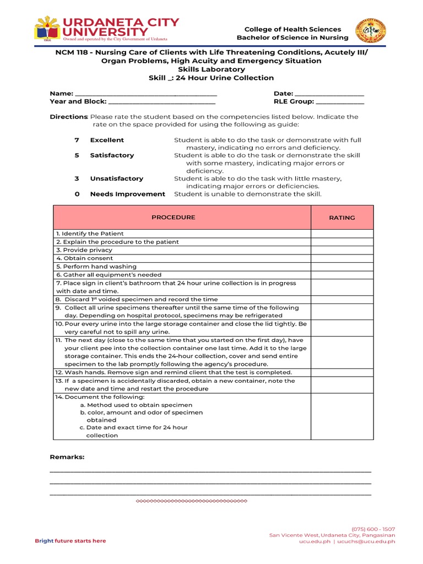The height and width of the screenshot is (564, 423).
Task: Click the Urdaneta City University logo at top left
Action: coord(106,29)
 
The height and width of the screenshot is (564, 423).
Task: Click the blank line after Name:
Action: coord(145,94)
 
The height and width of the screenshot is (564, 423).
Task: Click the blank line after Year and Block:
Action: coord(162,101)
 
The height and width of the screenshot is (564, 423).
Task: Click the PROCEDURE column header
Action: coord(173,218)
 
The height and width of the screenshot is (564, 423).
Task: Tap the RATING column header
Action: coord(342,218)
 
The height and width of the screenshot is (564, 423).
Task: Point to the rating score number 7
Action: coord(77,140)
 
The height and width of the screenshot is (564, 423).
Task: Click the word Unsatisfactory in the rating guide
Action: coord(116,178)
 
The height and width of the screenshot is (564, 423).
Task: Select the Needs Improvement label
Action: coord(127,194)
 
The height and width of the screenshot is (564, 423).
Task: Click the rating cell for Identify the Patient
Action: coord(342,234)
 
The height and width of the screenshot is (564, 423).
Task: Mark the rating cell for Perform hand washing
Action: coord(342,267)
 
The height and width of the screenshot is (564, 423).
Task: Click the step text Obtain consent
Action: coord(88,258)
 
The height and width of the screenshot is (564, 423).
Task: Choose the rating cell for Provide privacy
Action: coord(342,250)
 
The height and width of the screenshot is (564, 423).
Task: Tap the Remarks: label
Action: coord(67,457)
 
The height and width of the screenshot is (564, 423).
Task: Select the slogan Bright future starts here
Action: coord(70,541)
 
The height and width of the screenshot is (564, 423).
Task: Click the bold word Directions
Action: coord(68,117)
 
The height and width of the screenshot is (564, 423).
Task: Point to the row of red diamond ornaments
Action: coord(191,501)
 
